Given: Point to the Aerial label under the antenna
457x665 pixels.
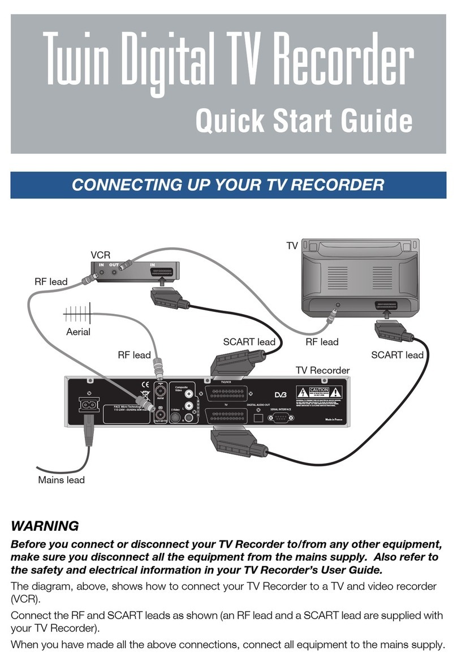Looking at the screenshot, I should [x=78, y=332].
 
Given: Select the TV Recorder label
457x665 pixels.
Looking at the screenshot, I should [x=322, y=370].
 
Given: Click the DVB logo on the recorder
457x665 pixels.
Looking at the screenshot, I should [x=282, y=394].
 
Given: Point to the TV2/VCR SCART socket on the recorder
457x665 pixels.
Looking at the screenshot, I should [x=226, y=394].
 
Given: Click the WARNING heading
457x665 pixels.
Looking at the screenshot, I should [x=45, y=526].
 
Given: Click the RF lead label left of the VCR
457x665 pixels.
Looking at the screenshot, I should [x=50, y=281].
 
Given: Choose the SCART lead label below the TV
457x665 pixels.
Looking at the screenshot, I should [x=396, y=355].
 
